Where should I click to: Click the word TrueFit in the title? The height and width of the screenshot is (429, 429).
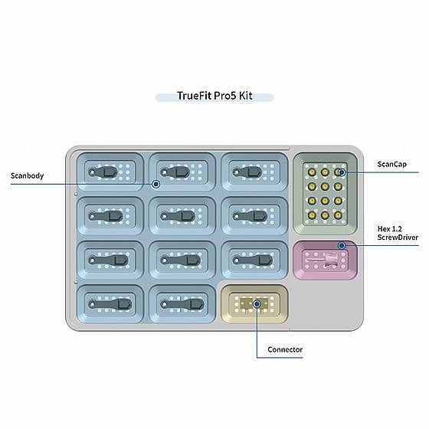pos(195,96)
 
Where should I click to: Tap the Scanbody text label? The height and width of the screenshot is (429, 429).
pos(27,175)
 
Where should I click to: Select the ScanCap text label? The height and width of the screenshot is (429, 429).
pos(391,164)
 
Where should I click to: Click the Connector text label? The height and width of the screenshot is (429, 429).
pos(285,349)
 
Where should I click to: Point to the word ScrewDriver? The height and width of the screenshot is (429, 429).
pos(398,237)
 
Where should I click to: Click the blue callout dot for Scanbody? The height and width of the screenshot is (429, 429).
pos(156,184)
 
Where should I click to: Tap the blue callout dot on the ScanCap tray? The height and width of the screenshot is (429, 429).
pos(342,172)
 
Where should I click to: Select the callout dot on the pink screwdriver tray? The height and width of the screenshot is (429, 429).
pos(341,246)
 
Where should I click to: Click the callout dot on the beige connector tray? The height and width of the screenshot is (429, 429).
pos(257,304)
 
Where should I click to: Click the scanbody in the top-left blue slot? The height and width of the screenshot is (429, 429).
pos(103,172)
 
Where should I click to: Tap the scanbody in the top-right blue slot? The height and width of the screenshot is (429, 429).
pos(247,172)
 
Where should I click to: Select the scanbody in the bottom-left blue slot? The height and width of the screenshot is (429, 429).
pos(110,304)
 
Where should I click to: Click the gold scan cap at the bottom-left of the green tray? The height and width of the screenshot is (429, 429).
pos(312,215)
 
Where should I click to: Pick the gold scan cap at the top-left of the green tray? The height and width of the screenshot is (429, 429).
pos(312,172)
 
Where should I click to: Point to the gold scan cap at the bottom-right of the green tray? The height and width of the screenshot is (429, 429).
pos(338,215)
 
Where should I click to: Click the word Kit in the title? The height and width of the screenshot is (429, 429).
pos(245,96)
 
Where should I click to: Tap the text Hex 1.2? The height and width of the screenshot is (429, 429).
pos(390,229)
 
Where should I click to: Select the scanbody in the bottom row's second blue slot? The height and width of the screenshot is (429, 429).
pos(182,304)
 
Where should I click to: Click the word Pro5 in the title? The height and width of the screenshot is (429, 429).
pos(224,96)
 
